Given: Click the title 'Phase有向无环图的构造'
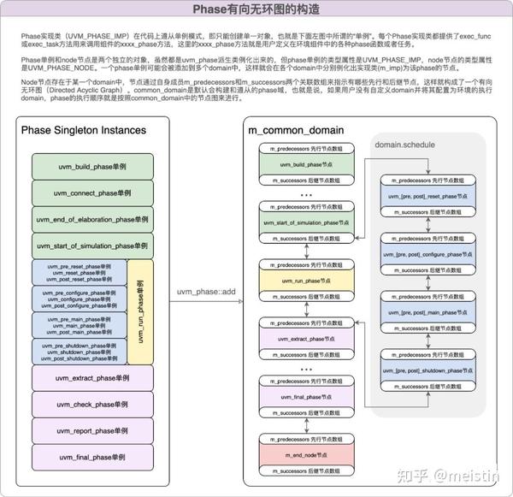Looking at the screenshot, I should pyautogui.click(x=256, y=11).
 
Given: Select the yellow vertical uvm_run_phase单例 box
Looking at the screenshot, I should pyautogui.click(x=142, y=311).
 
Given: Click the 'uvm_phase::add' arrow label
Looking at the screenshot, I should pyautogui.click(x=205, y=293).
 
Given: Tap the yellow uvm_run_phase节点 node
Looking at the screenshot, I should pyautogui.click(x=306, y=281).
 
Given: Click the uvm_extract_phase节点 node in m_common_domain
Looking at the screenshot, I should pyautogui.click(x=306, y=339).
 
